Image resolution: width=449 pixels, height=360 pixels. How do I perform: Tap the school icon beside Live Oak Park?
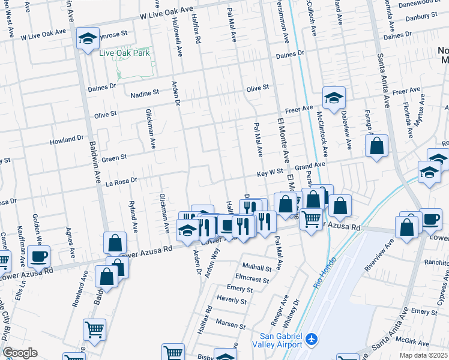point(88,40)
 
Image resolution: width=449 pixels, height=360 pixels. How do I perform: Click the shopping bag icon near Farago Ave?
point(376,146)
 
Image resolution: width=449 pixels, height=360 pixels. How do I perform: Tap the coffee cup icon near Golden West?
point(38,257)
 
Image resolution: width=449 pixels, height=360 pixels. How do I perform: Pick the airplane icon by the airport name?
point(312,340)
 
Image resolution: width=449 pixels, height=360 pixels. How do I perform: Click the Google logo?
point(20,352)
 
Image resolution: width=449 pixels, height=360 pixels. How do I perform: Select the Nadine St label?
point(145,93)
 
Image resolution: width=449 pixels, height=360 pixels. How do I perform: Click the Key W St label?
point(270,172)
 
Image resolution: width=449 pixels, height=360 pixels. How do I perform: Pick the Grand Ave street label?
point(310,164)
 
